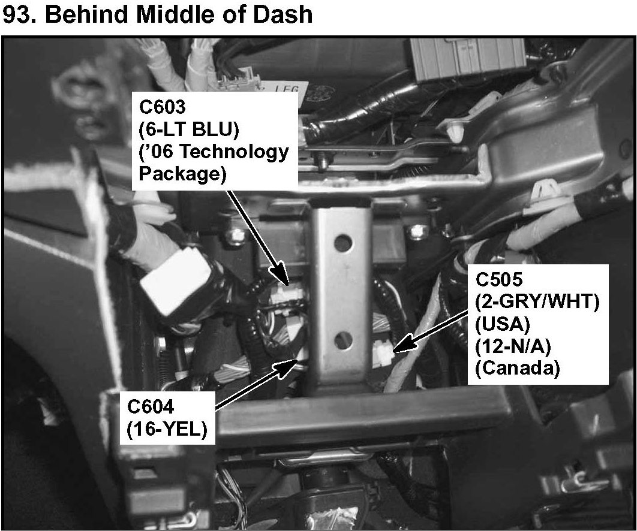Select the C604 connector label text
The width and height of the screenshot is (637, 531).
[x=151, y=407]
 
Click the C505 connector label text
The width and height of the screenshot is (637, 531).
[x=500, y=279]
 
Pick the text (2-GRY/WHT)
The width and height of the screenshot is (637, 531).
[x=537, y=301]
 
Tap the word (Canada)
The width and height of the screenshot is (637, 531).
[x=517, y=369]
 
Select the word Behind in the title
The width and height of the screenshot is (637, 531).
[x=84, y=14]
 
